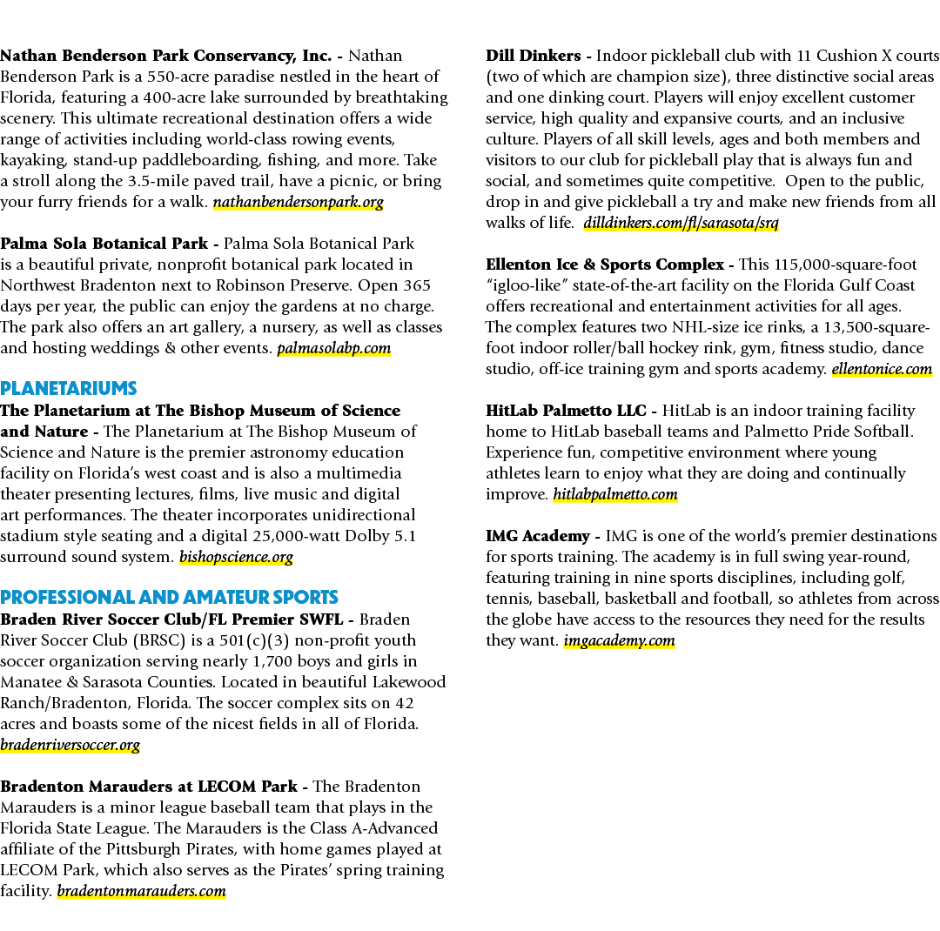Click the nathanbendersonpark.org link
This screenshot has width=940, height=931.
(299, 202)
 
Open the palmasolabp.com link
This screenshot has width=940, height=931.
(334, 348)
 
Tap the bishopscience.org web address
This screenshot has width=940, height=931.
(236, 557)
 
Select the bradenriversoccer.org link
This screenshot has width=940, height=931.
(70, 745)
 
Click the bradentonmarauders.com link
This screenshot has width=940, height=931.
(142, 891)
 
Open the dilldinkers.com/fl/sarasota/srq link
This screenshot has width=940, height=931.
(681, 223)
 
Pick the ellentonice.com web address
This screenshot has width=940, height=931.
(882, 369)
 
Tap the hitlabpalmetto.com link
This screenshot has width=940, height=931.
(615, 494)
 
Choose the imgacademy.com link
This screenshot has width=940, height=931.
(620, 641)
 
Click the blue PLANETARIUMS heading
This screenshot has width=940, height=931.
(69, 388)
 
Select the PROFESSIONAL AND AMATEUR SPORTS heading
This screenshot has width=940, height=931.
(169, 597)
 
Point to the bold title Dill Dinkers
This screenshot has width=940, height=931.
(533, 56)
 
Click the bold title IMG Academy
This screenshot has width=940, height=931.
(538, 536)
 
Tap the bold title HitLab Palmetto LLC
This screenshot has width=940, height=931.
(566, 411)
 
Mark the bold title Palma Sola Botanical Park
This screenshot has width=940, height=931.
(104, 244)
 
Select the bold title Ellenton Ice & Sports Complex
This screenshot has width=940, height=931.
(605, 265)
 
